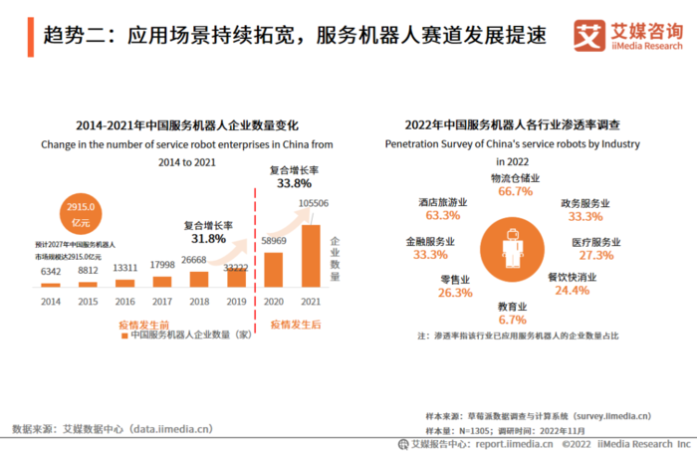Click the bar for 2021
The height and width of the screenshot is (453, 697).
point(312,254)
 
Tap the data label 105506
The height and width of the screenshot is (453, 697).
point(313,204)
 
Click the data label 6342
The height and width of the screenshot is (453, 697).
point(50,271)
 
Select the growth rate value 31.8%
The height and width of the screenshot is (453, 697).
point(208,239)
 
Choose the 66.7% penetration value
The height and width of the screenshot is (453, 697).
point(516,191)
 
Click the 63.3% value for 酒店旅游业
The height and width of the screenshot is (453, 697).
point(442,215)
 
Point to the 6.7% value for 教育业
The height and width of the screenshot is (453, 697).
point(511,321)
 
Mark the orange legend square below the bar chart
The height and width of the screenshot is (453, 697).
point(124,336)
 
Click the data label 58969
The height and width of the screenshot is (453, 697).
point(274,241)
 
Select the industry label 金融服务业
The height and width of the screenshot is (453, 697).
point(430,242)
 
